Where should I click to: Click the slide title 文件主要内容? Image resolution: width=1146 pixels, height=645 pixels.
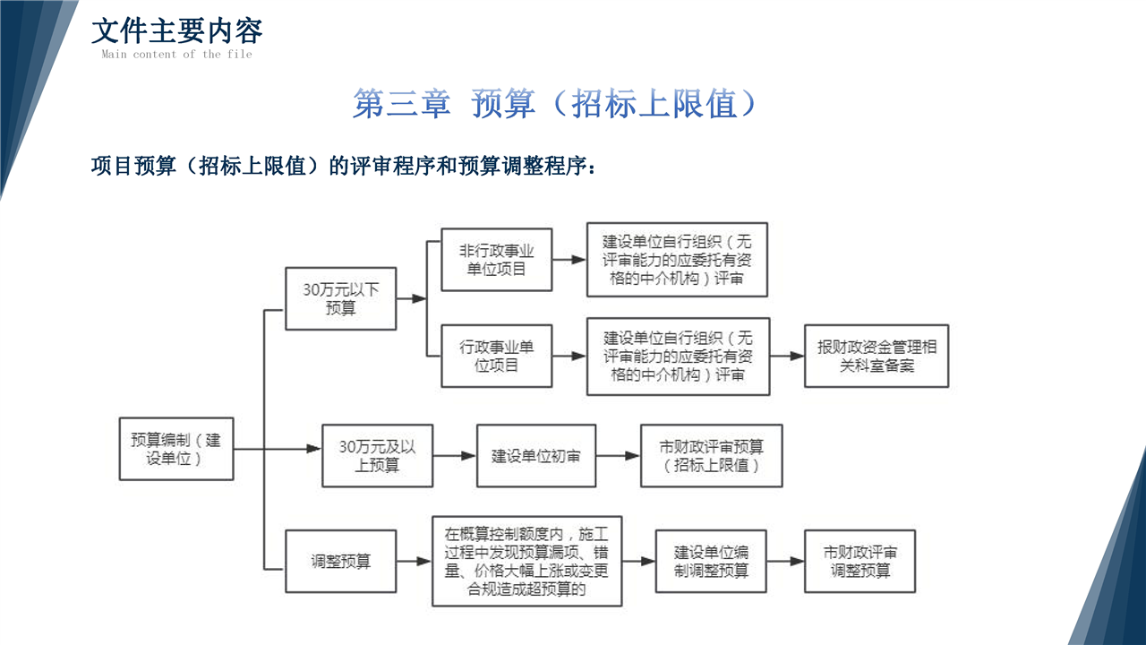point(176,30)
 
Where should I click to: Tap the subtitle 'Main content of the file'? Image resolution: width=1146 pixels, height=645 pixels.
point(176,55)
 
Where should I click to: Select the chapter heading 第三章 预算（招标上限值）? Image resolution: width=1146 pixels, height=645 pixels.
point(555,104)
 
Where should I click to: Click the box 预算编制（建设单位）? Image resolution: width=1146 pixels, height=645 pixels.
point(176,448)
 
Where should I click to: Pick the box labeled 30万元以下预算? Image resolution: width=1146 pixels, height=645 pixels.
point(340,298)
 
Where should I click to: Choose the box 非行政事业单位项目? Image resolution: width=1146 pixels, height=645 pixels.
point(497,260)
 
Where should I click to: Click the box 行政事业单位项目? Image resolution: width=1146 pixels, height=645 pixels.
point(497,356)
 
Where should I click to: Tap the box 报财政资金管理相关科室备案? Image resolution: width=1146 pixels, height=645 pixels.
point(876,356)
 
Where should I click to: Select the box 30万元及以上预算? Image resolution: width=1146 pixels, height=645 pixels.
point(377,455)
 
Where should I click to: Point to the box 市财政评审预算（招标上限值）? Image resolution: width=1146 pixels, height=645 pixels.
point(711,455)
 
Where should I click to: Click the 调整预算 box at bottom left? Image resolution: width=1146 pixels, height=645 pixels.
point(340,562)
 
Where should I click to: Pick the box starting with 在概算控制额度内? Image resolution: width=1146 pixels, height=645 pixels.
point(526,562)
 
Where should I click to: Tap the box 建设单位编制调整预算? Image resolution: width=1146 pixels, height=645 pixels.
point(711,562)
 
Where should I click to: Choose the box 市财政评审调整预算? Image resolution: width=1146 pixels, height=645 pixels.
point(859,562)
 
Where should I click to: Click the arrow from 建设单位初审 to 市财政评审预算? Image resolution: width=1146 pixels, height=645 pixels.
point(618,455)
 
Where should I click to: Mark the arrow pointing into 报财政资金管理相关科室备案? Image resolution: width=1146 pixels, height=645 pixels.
point(787,356)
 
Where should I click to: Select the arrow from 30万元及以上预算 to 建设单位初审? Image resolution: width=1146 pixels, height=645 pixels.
point(454,455)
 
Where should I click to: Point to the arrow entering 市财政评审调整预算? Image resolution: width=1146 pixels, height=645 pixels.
point(785,562)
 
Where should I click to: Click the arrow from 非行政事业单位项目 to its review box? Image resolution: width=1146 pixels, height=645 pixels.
point(569,260)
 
